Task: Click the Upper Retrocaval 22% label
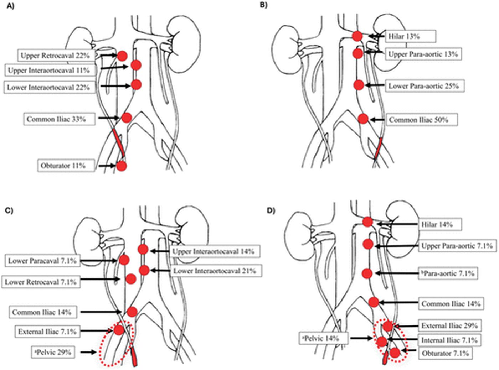(x=55, y=55)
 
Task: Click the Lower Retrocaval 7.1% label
(x=41, y=282)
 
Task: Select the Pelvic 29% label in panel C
(x=53, y=352)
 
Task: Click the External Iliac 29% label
(x=450, y=325)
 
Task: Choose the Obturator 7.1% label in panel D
(x=446, y=353)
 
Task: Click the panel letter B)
(x=264, y=5)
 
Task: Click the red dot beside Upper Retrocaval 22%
(x=122, y=56)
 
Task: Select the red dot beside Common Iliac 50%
(x=363, y=119)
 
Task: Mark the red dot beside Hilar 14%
(x=368, y=222)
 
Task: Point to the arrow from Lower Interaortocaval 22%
(x=115, y=86)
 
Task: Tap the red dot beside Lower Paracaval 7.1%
(x=124, y=260)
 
